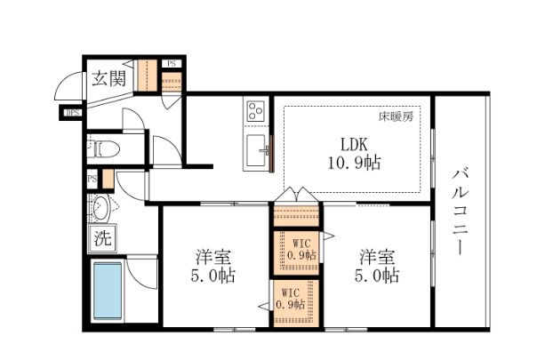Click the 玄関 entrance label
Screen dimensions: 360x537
(x=106, y=78)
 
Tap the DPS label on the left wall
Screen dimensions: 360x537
(x=71, y=112)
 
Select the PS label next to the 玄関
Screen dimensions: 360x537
(x=170, y=64)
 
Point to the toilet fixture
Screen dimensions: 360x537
(x=103, y=148)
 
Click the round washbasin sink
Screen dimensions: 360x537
(x=100, y=210)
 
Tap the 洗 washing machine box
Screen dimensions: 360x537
(x=102, y=238)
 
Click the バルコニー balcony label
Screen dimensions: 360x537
(x=460, y=210)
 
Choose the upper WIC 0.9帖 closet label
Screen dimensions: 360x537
(x=295, y=249)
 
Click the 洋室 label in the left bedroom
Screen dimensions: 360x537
(x=214, y=257)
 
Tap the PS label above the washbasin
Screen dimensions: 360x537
(x=91, y=179)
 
